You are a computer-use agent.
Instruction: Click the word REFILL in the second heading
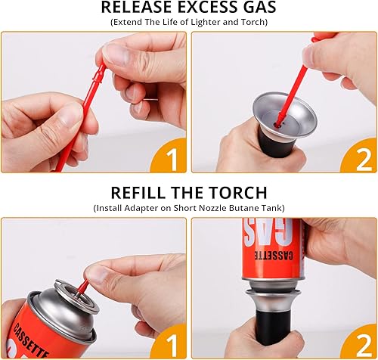click(x=141, y=192)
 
